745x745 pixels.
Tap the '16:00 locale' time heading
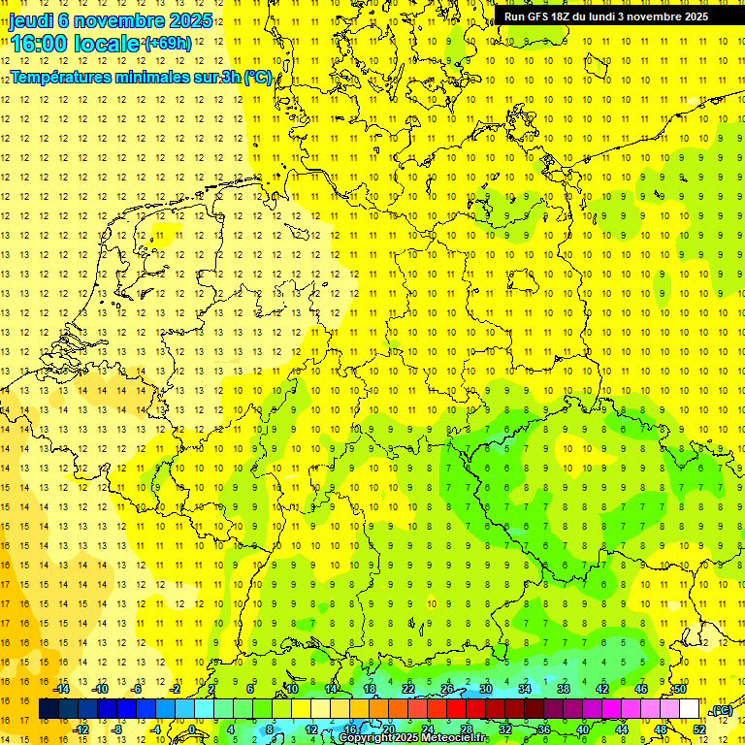[76, 44]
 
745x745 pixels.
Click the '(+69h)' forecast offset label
[167, 43]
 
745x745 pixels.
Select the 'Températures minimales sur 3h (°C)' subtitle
[142, 77]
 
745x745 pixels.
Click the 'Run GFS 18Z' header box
[606, 16]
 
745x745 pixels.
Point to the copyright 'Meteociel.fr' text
[427, 738]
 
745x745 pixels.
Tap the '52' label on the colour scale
[698, 729]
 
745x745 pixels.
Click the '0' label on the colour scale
[192, 729]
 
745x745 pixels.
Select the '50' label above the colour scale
[679, 689]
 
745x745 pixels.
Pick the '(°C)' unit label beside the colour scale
[722, 711]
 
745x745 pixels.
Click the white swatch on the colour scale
[689, 710]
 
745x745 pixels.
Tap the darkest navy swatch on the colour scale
[49, 710]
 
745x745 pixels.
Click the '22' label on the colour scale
[408, 689]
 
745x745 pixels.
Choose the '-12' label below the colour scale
[81, 729]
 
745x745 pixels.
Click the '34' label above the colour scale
[525, 689]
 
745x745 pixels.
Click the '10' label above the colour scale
[292, 689]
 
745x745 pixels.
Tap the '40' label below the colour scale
[583, 729]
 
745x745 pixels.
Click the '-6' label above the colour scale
[138, 689]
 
